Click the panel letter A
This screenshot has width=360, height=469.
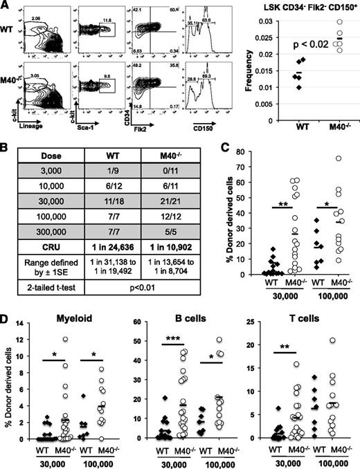point(6,6)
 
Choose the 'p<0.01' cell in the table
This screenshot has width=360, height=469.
point(129,302)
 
